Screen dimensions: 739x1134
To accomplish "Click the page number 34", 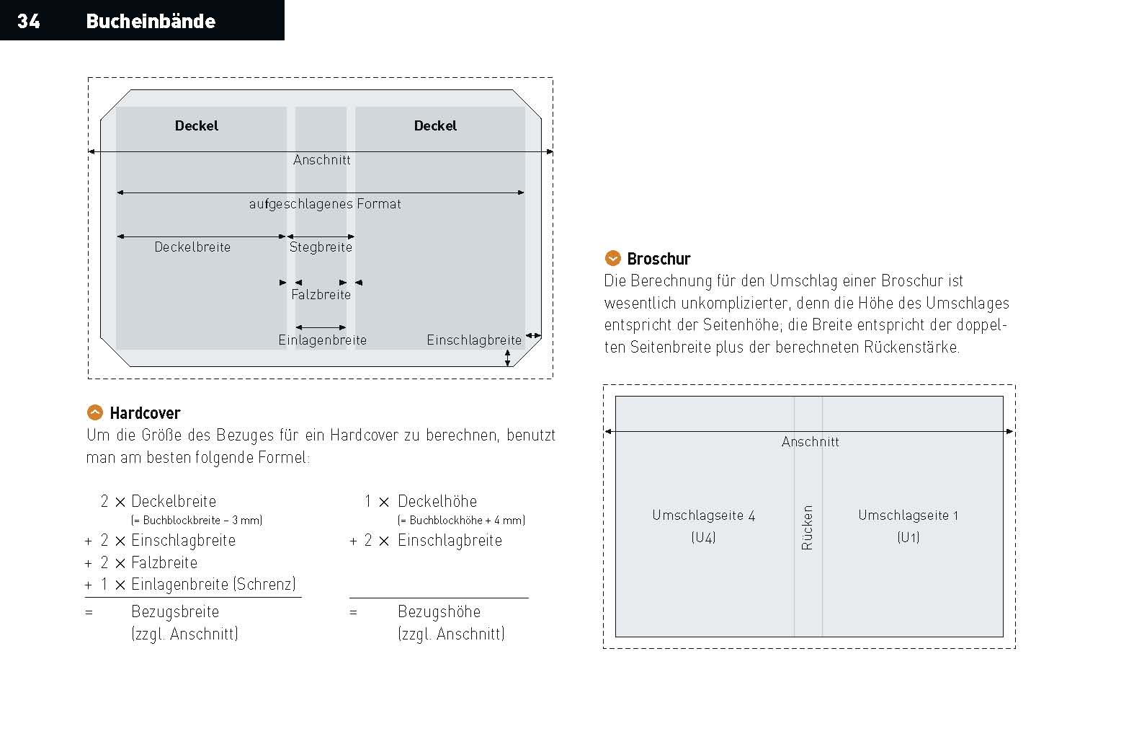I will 28,21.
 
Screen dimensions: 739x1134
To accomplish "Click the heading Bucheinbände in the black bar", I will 151,21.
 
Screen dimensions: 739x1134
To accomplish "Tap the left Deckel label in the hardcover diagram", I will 196,125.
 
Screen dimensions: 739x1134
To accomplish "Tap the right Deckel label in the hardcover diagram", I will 435,125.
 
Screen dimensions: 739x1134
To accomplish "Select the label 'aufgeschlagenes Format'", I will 325,204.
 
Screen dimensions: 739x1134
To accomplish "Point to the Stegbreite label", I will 321,247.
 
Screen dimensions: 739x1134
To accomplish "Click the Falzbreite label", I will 321,294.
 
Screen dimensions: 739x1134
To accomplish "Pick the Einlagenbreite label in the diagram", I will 322,340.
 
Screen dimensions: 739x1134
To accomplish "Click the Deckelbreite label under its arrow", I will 192,247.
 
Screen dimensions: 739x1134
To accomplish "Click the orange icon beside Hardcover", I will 94,412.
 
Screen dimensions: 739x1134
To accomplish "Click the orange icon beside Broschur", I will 612,258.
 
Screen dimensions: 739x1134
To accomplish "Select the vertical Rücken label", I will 808,527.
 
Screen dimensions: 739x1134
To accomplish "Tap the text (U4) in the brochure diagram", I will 703,537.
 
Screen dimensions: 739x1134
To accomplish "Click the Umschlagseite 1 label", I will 908,515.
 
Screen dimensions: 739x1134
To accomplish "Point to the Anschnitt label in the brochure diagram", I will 810,442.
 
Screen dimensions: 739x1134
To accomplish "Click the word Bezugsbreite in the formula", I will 175,611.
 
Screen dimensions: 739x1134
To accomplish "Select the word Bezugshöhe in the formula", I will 439,611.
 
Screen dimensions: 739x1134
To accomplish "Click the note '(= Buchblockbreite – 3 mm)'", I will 197,520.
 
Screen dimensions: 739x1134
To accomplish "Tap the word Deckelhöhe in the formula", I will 437,501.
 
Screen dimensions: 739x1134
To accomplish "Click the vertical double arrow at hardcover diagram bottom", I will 508,358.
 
